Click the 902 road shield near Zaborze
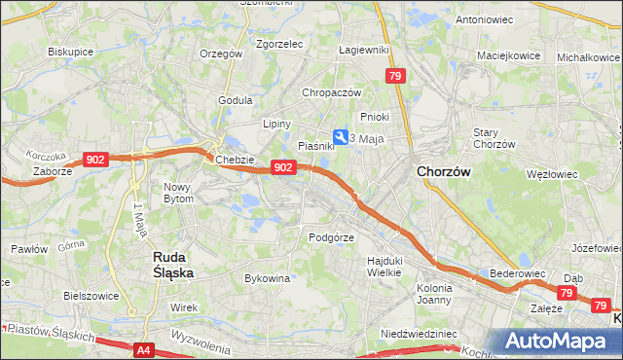[x=95, y=159]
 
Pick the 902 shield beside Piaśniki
[x=282, y=167]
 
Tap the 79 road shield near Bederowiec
[x=568, y=292]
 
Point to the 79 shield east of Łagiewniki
[x=394, y=75]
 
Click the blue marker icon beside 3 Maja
[x=340, y=138]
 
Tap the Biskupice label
[x=70, y=52]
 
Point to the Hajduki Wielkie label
[x=384, y=266]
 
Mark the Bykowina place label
[x=268, y=278]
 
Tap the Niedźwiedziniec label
[x=420, y=333]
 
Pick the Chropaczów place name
[x=332, y=92]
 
